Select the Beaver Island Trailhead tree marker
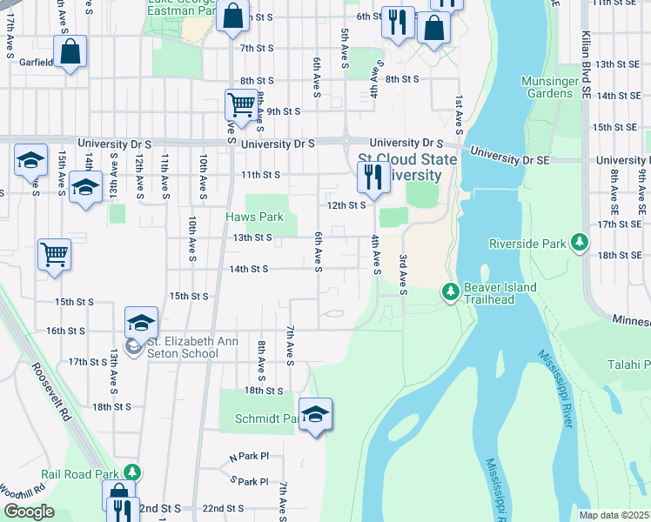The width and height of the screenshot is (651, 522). tap(450, 291)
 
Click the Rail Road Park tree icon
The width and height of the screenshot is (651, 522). tap(131, 473)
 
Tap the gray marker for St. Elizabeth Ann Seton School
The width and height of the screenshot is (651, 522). tap(132, 348)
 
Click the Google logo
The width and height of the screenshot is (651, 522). tap(29, 511)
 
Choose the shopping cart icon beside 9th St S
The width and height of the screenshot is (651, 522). tap(241, 105)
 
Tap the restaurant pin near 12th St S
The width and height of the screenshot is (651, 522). tap(373, 178)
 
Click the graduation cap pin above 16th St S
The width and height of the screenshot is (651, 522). tap(141, 323)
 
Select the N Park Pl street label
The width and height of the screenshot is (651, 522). tap(249, 456)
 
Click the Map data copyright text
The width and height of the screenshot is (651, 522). tap(614, 515)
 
